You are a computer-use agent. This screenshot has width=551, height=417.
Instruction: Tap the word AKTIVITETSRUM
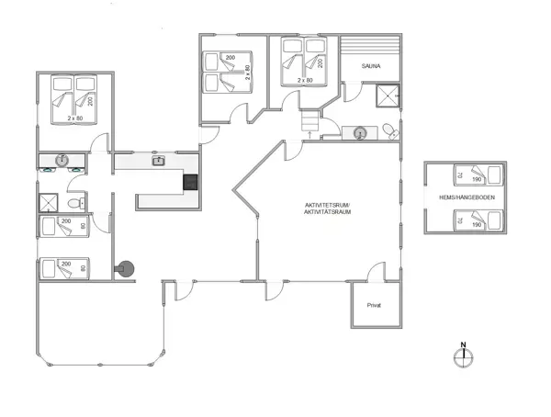[329, 205]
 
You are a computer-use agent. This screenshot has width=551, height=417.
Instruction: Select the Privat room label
[374, 305]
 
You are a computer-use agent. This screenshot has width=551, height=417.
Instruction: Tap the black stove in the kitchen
[191, 182]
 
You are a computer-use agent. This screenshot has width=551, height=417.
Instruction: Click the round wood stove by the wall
[125, 268]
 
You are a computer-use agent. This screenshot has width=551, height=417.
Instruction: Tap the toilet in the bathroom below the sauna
[389, 130]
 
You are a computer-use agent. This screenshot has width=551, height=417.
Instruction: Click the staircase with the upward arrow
[310, 121]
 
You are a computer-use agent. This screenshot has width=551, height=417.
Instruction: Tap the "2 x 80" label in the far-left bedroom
[74, 118]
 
